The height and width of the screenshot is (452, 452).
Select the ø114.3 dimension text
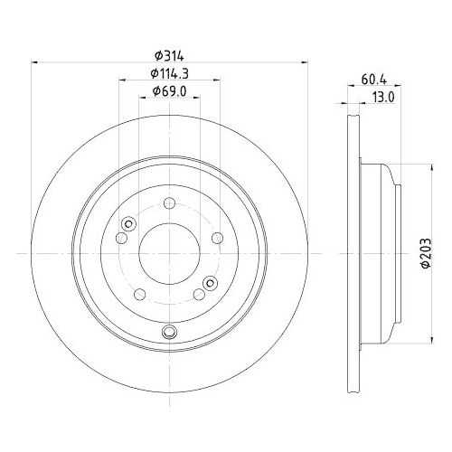(169, 74)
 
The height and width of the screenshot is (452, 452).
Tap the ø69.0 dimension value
(169, 91)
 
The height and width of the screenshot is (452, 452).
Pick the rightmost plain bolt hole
(217, 238)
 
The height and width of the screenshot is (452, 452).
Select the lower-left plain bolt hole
(138, 295)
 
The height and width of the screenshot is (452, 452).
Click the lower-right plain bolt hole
(199, 295)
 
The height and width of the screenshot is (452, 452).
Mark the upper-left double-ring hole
(127, 225)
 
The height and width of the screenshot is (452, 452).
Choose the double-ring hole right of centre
(210, 281)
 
